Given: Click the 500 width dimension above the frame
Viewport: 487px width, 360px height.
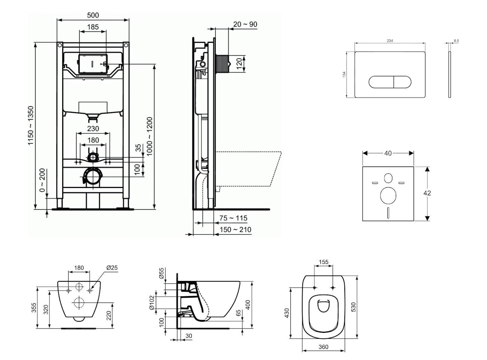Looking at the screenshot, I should [x=93, y=15].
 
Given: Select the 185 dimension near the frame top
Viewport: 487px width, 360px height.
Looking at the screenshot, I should [x=93, y=26].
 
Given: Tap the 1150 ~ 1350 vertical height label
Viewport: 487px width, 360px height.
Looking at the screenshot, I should [x=31, y=126].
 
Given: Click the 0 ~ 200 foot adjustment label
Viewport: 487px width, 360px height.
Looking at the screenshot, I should [x=42, y=180].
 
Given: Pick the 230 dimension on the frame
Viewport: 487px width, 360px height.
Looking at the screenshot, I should [x=93, y=128].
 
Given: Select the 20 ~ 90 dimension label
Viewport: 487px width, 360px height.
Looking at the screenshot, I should [x=245, y=24].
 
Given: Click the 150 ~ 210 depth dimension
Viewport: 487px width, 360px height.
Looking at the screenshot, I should [x=235, y=229].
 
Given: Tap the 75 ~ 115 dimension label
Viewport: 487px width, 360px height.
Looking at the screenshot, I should [x=233, y=218].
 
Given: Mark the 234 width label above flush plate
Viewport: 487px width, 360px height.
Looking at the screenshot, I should [x=390, y=41].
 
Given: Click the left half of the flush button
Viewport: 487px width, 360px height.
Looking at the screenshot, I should [x=381, y=82].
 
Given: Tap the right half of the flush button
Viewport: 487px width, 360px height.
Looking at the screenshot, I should [x=402, y=82].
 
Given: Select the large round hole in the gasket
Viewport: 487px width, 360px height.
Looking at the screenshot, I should [x=388, y=195].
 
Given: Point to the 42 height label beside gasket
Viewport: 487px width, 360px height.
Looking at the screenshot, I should [x=427, y=193].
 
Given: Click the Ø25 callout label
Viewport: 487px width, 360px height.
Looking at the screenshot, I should [x=112, y=268].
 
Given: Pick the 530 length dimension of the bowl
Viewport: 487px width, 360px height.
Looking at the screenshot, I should [x=353, y=307].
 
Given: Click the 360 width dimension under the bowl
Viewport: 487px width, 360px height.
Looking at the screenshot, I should [x=324, y=347].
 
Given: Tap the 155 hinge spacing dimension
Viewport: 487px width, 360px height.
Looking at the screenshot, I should [x=324, y=262].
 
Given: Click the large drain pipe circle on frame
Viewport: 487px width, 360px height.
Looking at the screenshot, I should [x=93, y=176].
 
